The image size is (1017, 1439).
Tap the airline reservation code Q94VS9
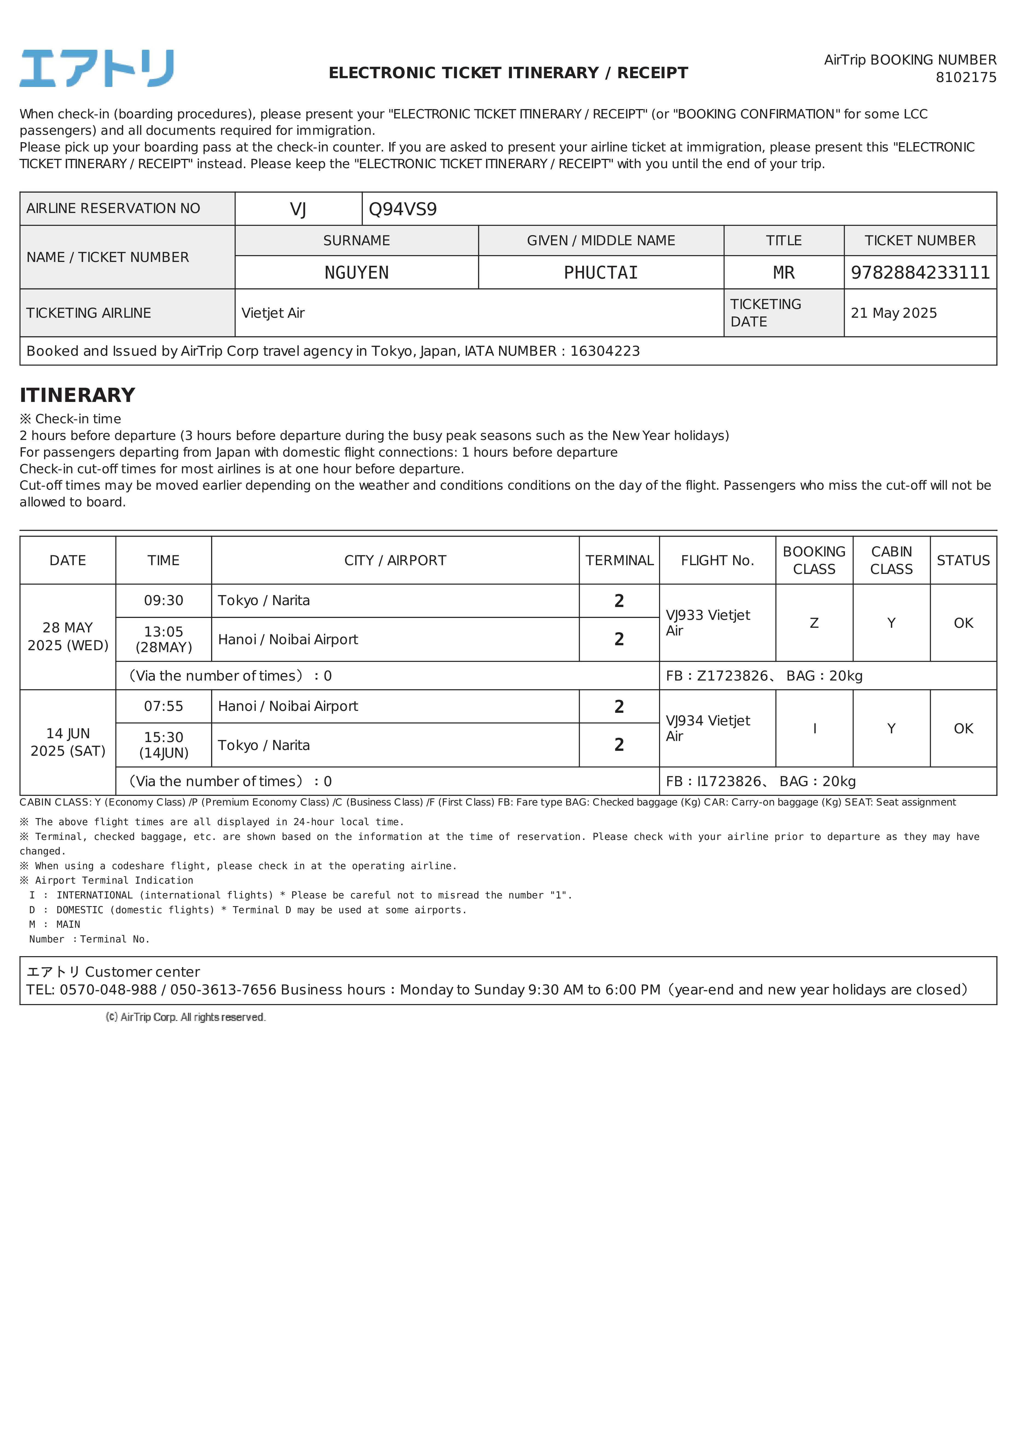[x=403, y=209]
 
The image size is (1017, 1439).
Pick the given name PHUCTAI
[x=601, y=273]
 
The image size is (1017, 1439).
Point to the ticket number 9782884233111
[x=920, y=273]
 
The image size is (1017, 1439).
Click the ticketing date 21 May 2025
[x=893, y=313]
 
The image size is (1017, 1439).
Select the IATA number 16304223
[x=604, y=351]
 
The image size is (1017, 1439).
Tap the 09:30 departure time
[x=164, y=600]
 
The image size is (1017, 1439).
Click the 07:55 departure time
[x=164, y=706]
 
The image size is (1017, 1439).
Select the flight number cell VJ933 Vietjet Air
[x=708, y=622]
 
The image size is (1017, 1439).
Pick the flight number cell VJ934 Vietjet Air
[x=708, y=728]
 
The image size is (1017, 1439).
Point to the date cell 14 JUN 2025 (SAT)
[x=68, y=742]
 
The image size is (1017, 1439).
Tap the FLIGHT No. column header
[x=717, y=560]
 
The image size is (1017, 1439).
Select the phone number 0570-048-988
[x=108, y=990]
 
